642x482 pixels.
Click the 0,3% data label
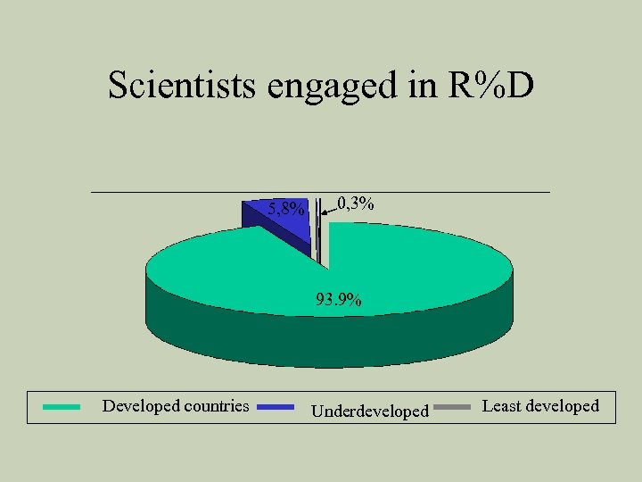click(x=356, y=204)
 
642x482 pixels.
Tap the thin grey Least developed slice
click(x=317, y=232)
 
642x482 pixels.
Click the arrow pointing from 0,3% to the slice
click(x=328, y=211)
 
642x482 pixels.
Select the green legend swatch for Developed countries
click(x=62, y=406)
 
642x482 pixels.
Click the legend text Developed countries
click(x=176, y=406)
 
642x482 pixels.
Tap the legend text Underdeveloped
click(x=369, y=411)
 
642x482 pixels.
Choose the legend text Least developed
click(x=540, y=406)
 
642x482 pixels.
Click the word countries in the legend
click(x=217, y=406)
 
